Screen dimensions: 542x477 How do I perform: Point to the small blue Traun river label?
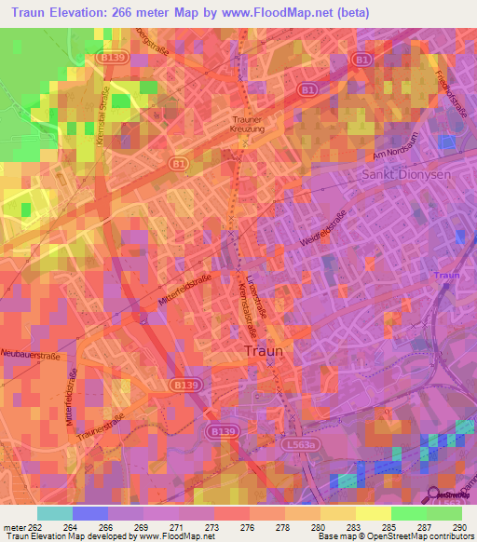click(447, 276)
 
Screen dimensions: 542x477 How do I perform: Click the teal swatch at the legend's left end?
click(55, 512)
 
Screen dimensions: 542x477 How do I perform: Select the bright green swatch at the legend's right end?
click(444, 512)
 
